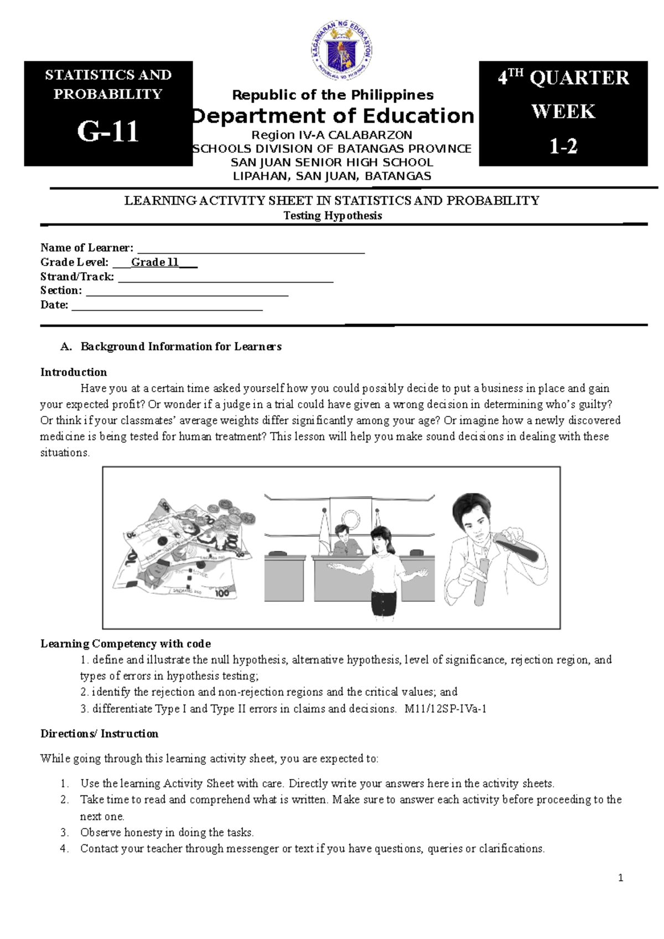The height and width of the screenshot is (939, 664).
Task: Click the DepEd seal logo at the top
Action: click(341, 51)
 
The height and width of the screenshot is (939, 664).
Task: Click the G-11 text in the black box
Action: click(108, 132)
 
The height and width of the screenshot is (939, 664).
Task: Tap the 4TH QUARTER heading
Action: click(563, 78)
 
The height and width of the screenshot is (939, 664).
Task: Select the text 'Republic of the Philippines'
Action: click(333, 95)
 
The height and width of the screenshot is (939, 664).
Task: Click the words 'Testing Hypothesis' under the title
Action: click(333, 216)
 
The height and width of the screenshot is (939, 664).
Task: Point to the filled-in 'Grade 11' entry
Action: click(154, 262)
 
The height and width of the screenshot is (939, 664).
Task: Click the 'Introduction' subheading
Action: click(74, 372)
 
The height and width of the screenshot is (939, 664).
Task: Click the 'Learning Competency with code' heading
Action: click(126, 644)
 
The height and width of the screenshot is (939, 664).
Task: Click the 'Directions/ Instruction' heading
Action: click(100, 734)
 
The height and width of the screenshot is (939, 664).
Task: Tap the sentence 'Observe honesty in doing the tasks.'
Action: click(167, 832)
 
